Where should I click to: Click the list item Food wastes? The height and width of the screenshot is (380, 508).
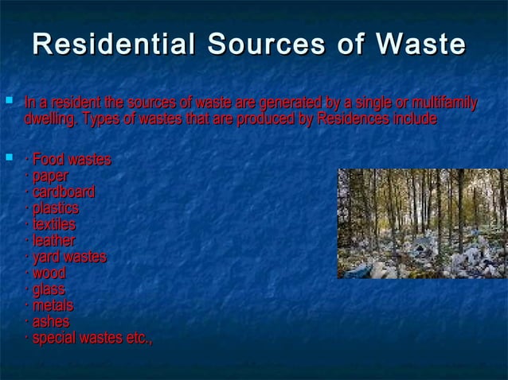coord(70,160)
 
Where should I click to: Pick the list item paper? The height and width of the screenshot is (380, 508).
coord(49,176)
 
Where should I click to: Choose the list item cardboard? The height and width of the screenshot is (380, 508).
coord(62,192)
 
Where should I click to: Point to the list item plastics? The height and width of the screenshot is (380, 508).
coord(54,208)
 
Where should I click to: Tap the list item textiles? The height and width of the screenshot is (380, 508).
coord(53,224)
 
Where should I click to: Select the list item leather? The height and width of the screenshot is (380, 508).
coord(53,240)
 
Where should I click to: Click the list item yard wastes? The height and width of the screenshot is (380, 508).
coord(68,257)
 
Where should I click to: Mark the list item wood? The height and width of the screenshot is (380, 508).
coord(48,273)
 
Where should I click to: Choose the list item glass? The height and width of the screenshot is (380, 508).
coord(48,289)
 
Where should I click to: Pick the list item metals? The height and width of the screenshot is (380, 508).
coord(52,305)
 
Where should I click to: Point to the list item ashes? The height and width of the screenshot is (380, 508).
coord(49,322)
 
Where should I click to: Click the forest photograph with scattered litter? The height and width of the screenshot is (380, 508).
coord(421,223)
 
